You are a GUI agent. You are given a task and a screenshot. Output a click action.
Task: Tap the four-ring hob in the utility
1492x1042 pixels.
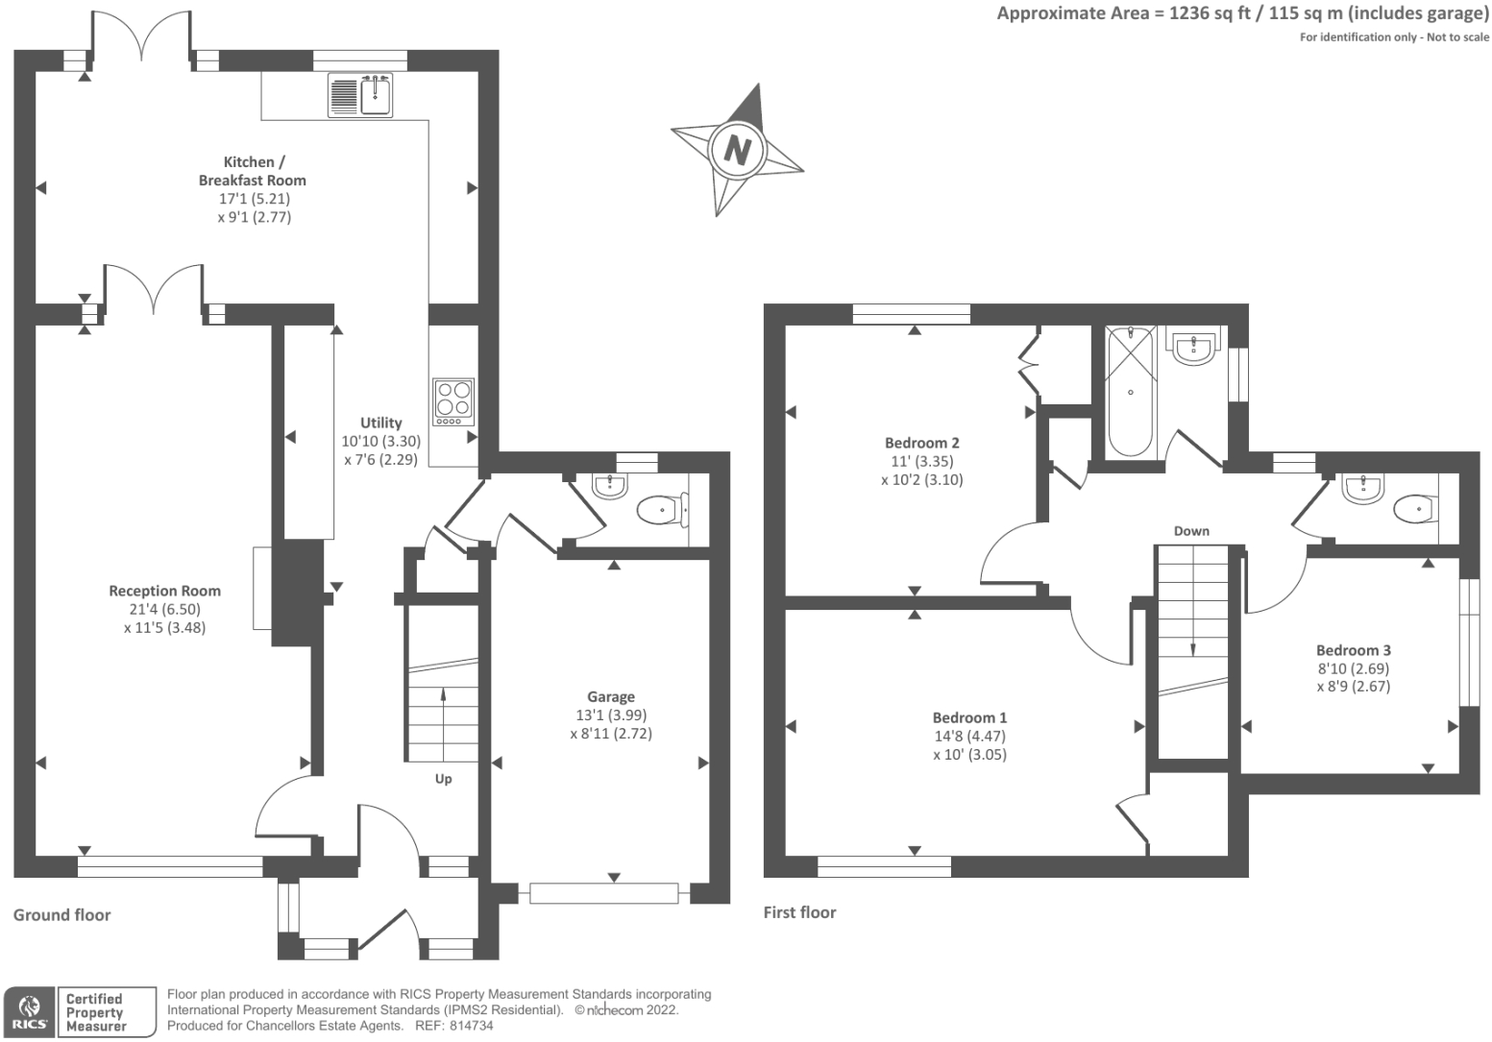pos(453,401)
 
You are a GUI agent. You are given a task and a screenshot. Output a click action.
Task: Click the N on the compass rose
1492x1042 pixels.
pos(737,150)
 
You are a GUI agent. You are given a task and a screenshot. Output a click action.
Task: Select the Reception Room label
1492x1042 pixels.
pos(164,591)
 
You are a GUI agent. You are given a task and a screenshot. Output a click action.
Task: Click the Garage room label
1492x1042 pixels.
pos(611,696)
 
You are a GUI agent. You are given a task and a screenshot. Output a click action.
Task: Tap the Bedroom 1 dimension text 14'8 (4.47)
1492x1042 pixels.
pos(969,736)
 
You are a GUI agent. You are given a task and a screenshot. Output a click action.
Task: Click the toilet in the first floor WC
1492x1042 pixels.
pos(1414,508)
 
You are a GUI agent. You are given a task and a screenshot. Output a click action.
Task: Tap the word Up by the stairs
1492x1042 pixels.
pos(443,779)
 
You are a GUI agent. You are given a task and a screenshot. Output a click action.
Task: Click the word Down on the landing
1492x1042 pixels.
pos(1191,531)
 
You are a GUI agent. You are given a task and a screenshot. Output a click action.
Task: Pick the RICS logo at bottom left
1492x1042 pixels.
pos(29,1012)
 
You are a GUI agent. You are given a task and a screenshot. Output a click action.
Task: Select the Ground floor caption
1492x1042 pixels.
pos(61,915)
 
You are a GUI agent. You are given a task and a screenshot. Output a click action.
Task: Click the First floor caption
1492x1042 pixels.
pos(799,912)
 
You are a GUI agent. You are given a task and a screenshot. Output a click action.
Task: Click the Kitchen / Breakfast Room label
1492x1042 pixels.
pos(253,171)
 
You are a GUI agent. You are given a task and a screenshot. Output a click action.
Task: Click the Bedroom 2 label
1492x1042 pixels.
pos(921,443)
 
